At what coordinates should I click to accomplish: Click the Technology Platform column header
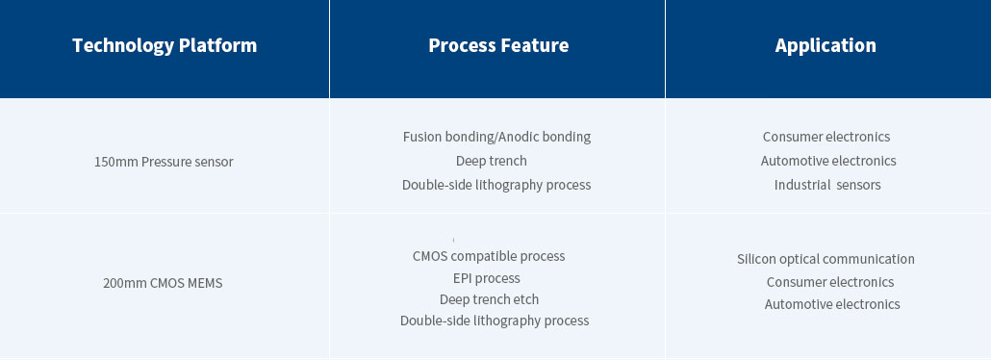[165, 45]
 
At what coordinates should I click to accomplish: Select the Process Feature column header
[498, 45]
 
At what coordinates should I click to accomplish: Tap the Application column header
[826, 45]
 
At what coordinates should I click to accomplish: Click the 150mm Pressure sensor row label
[164, 162]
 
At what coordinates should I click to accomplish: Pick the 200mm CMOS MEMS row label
[163, 283]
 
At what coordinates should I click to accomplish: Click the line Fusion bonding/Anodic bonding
[496, 137]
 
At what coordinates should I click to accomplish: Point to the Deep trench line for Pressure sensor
[491, 162]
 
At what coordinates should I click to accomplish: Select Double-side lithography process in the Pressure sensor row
[496, 185]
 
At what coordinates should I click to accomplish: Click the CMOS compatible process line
[489, 256]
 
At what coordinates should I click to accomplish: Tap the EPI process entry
[487, 278]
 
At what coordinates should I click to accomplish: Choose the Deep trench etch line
[489, 299]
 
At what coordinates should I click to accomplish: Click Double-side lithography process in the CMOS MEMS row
[495, 321]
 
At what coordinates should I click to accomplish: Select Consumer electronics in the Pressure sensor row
[826, 137]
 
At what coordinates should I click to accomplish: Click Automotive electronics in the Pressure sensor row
[828, 161]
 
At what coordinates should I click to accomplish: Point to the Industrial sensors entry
[827, 185]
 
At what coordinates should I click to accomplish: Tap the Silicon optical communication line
[826, 259]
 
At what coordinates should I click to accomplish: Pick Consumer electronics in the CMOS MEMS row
[829, 282]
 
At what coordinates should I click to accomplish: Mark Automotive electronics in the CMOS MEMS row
[831, 304]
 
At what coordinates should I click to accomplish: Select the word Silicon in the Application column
[756, 259]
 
